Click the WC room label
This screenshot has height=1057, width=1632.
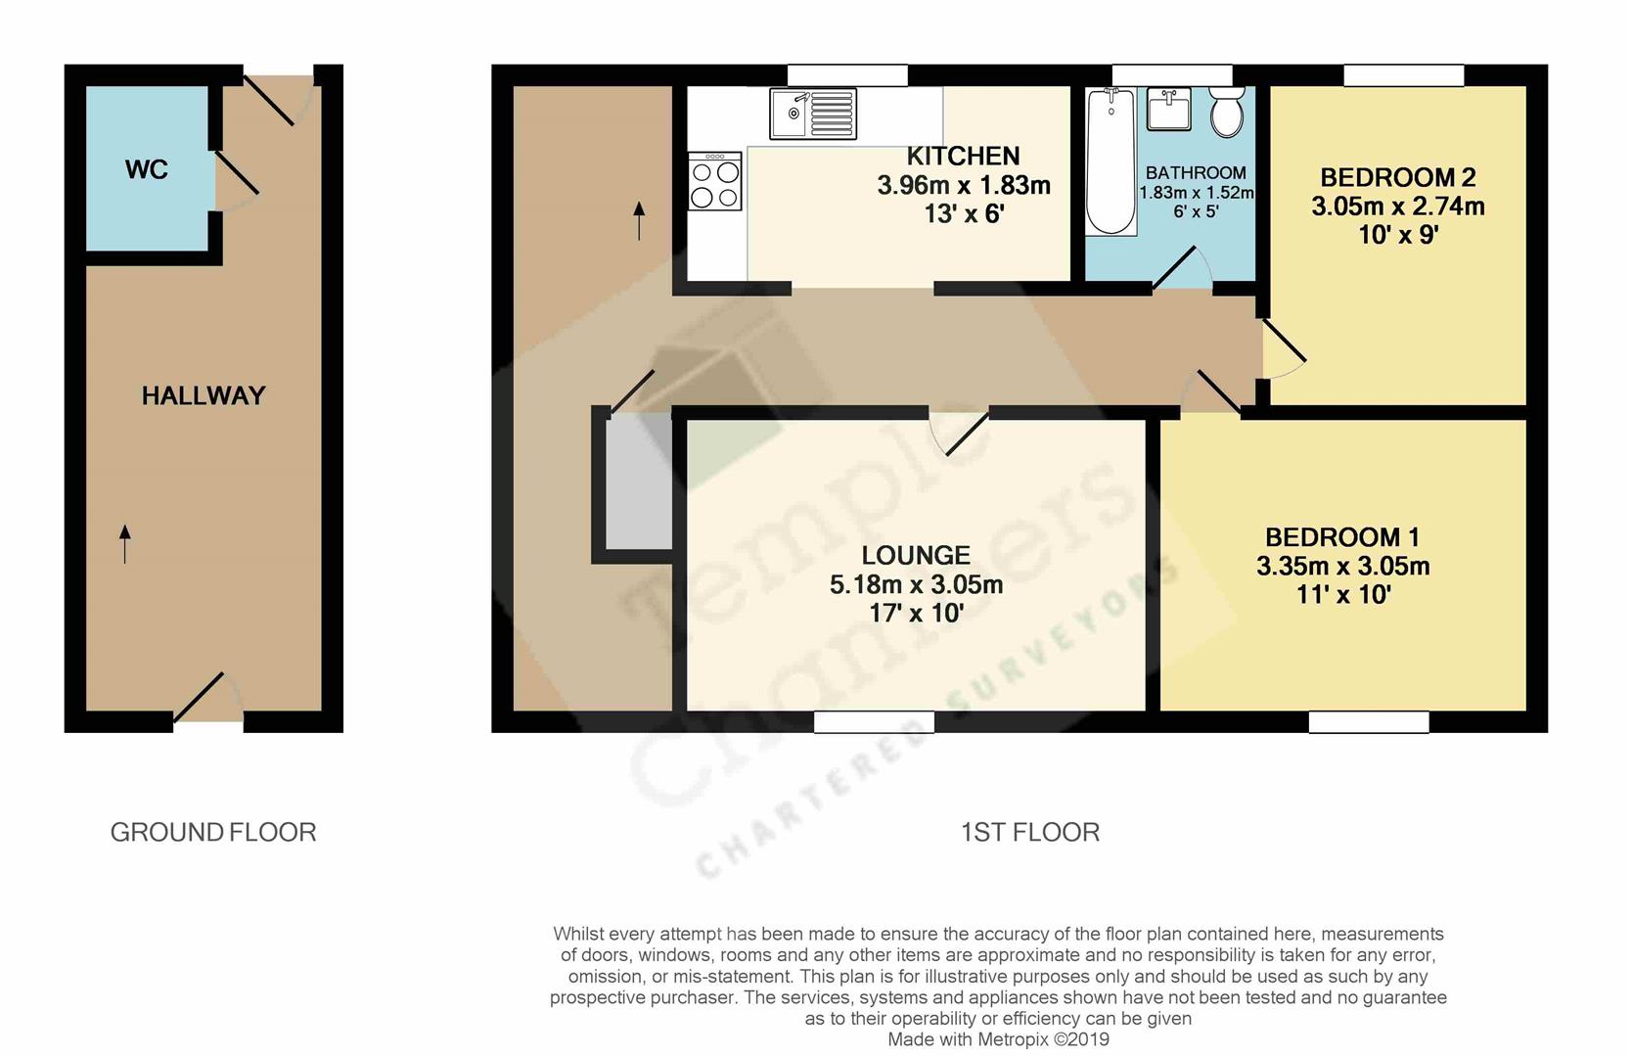click(x=147, y=170)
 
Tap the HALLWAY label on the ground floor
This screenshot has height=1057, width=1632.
click(x=204, y=395)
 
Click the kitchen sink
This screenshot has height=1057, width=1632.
click(x=813, y=114)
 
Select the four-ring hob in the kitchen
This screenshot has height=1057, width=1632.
click(x=714, y=181)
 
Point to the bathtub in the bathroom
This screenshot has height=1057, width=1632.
click(x=1111, y=161)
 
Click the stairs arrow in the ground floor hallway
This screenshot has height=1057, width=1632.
click(x=124, y=544)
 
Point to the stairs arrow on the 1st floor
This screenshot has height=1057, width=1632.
click(x=639, y=221)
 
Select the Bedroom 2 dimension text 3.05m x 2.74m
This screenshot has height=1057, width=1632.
click(x=1397, y=207)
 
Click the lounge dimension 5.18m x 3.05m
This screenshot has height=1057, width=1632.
click(x=916, y=584)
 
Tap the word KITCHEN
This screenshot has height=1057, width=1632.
click(x=963, y=156)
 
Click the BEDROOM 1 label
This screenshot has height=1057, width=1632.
click(x=1342, y=537)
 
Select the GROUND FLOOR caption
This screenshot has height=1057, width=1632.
click(x=212, y=833)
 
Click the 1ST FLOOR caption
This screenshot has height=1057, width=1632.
click(x=1030, y=833)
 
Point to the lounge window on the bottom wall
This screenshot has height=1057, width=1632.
click(x=874, y=722)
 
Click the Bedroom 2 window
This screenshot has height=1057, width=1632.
click(x=1403, y=75)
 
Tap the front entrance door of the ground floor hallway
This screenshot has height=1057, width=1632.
click(x=207, y=699)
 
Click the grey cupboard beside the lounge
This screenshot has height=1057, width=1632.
click(x=639, y=482)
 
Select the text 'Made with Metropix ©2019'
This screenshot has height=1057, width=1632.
click(x=998, y=1039)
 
